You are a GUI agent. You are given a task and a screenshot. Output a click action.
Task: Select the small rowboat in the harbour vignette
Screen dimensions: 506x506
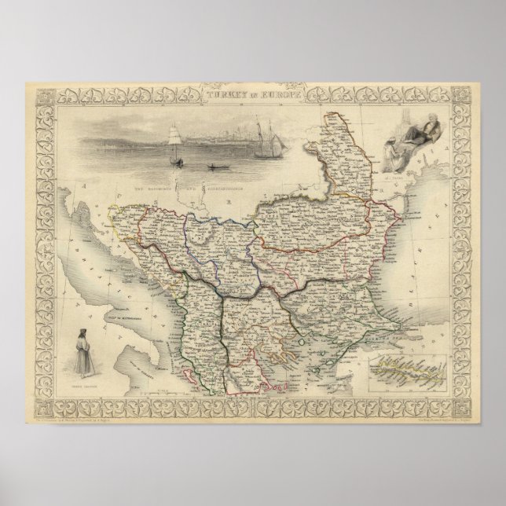coord(213,167)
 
